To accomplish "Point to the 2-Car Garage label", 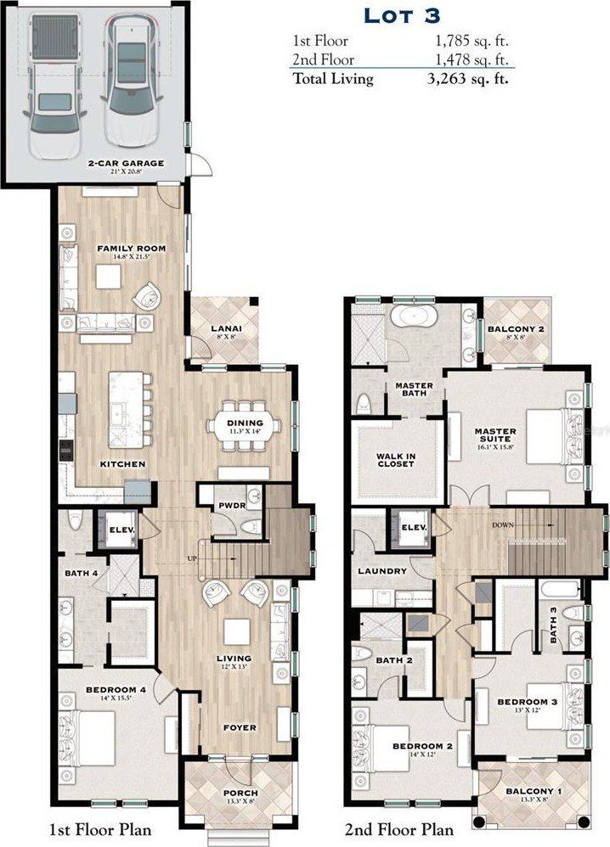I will coord(125,163).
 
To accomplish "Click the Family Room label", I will coord(130,249).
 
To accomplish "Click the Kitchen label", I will coord(121,464).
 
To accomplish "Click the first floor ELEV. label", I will coord(118,531).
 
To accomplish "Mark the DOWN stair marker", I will coord(502,524).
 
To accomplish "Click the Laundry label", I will coord(382,571).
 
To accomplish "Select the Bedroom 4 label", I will coord(116,690).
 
